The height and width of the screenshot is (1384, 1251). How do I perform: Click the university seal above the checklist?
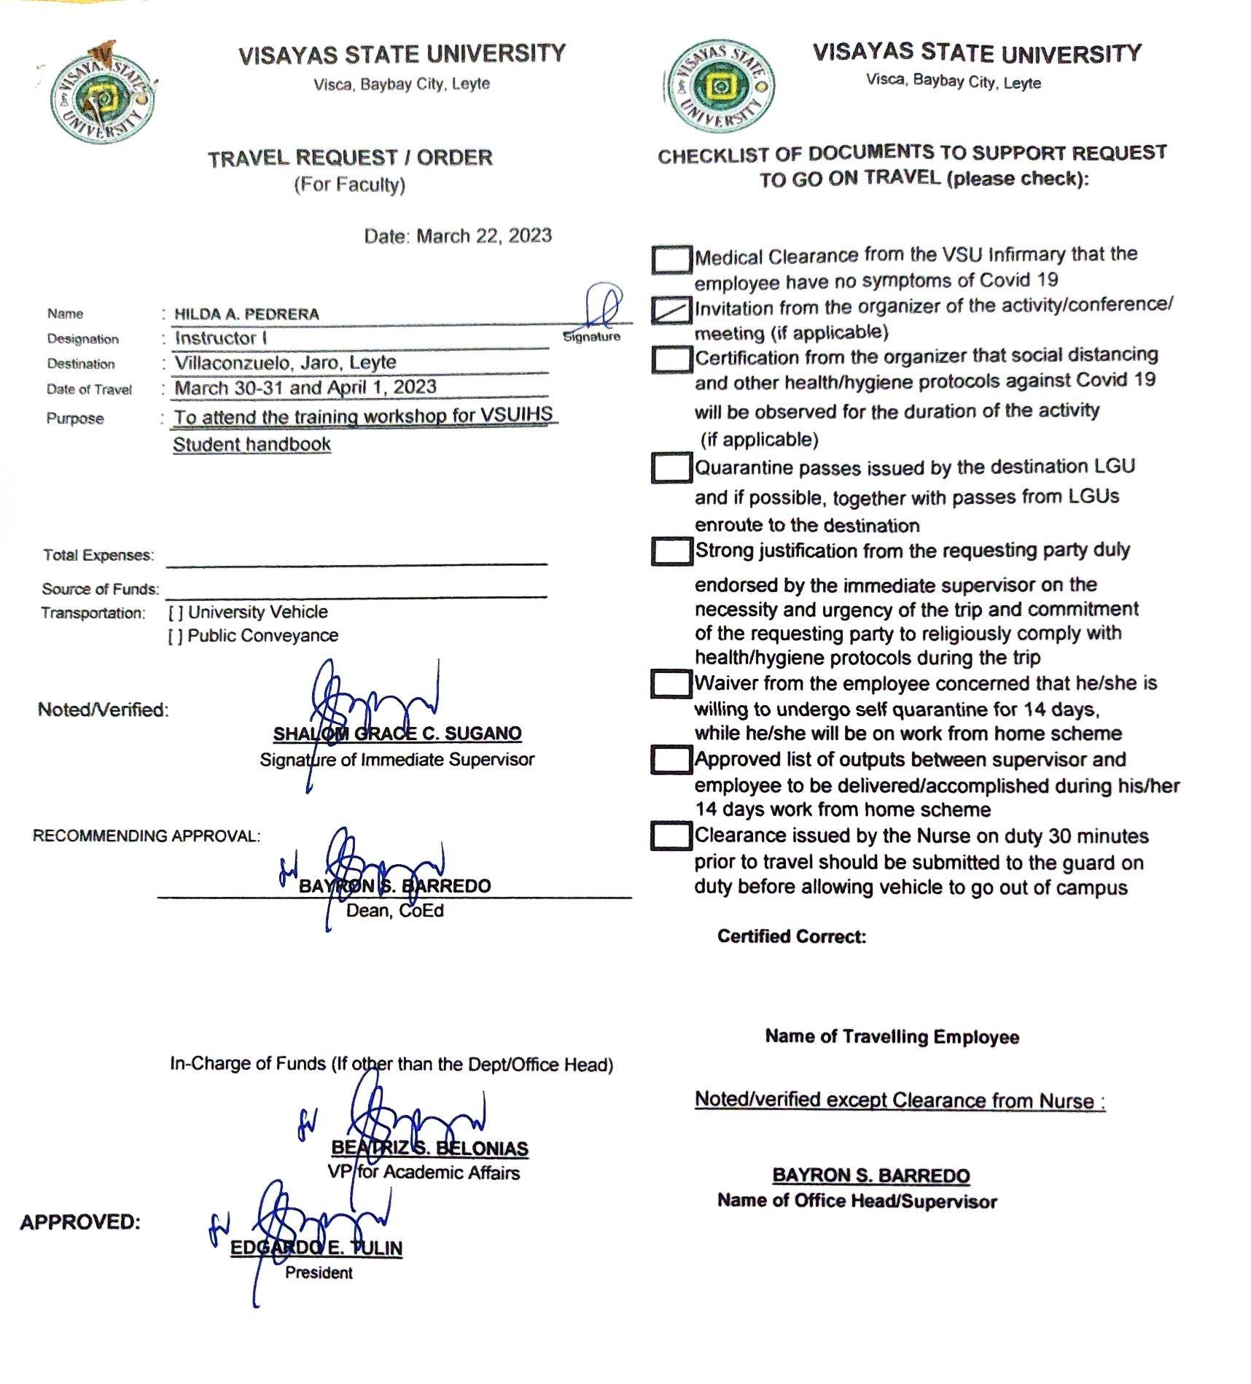click(x=720, y=87)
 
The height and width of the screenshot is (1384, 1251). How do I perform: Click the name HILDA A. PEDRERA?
click(x=246, y=314)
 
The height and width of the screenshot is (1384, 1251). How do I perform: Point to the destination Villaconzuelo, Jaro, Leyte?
click(x=285, y=362)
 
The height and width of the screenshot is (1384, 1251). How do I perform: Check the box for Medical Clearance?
click(x=671, y=259)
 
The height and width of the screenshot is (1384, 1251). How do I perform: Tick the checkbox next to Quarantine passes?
click(x=671, y=467)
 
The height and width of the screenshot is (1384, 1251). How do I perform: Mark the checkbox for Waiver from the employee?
click(x=671, y=684)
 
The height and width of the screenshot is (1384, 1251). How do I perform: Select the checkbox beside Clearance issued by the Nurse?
click(x=671, y=836)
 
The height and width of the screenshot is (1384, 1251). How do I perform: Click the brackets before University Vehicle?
click(x=175, y=613)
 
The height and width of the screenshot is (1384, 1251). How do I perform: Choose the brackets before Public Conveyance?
click(x=175, y=637)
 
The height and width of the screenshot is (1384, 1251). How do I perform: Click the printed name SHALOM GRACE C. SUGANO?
click(x=397, y=734)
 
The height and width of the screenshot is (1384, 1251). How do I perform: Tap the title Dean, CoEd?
click(x=394, y=911)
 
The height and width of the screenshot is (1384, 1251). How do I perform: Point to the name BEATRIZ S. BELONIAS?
click(x=429, y=1148)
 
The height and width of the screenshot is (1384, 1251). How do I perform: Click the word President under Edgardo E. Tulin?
click(x=319, y=1273)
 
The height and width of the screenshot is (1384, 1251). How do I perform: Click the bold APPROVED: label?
click(x=80, y=1223)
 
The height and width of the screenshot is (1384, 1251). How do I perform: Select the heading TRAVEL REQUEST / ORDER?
click(x=350, y=158)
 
